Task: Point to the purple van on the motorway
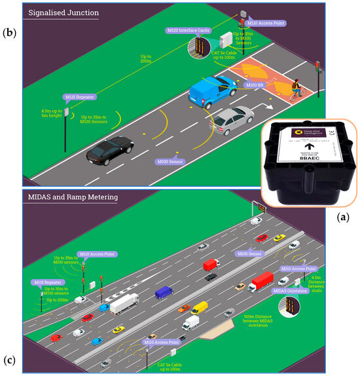click(x=164, y=292)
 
